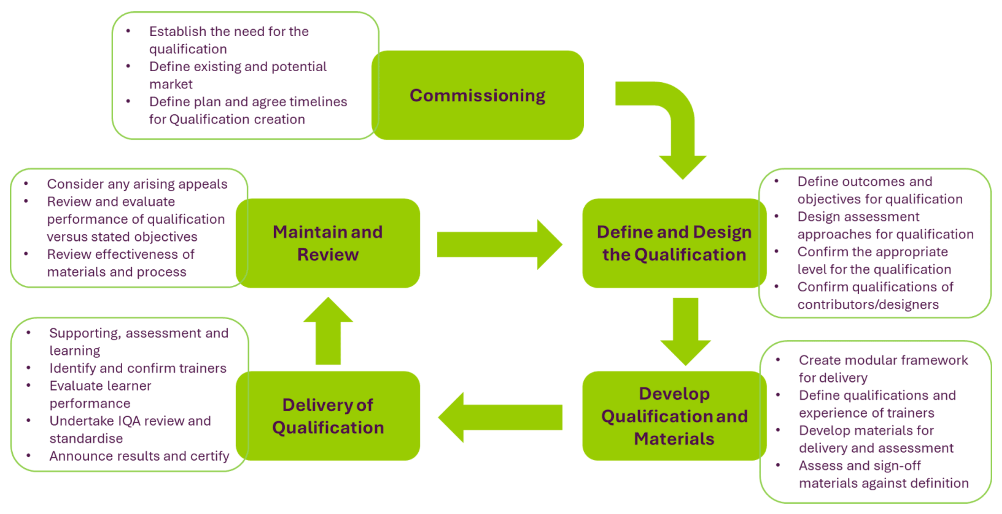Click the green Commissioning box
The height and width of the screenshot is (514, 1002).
pos(478,95)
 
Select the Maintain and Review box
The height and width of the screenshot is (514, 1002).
pos(328,243)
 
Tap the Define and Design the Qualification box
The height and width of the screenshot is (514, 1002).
pos(674,243)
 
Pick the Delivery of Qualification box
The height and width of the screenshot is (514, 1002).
pos(328,416)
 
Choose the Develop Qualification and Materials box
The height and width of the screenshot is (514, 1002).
pos(674,416)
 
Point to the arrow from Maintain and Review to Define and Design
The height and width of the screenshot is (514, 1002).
pos(498,244)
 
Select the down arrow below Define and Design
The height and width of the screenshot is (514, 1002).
pos(685,331)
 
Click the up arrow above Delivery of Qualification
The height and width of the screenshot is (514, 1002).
pos(328,331)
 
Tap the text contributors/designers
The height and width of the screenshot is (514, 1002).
pos(868,304)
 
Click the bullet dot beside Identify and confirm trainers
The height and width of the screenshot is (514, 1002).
pos(29,368)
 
